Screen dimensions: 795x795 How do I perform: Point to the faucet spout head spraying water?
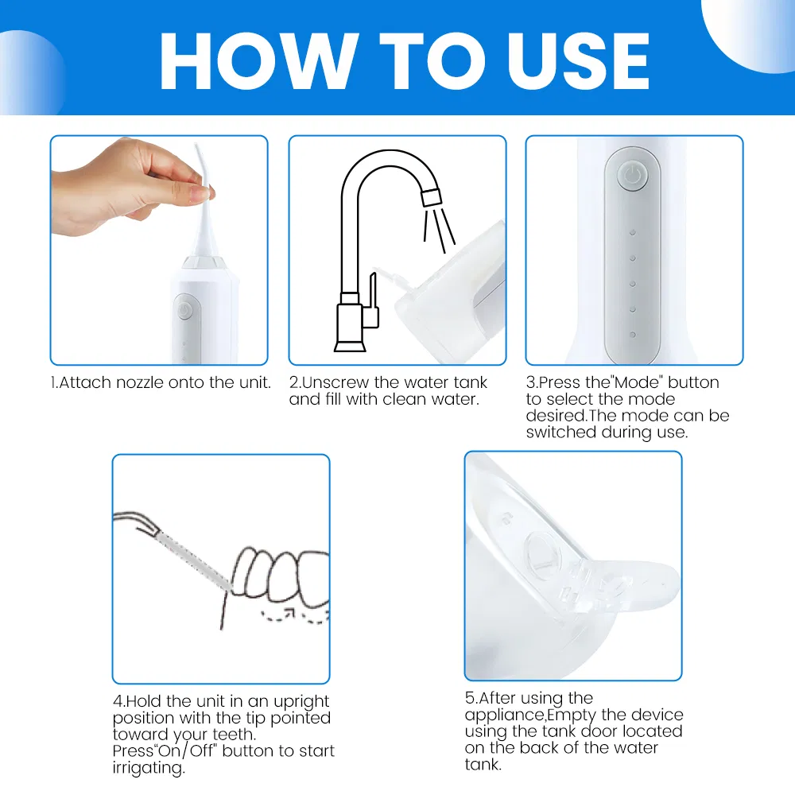[x=430, y=196]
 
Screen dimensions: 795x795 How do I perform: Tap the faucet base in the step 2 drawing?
[x=350, y=343]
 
